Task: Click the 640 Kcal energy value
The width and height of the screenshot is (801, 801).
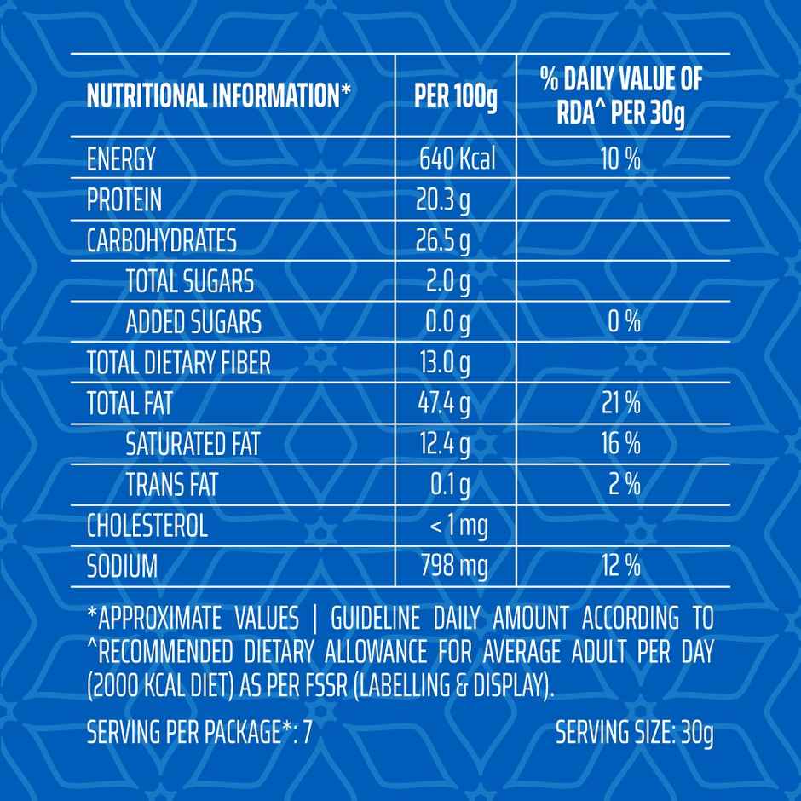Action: (x=457, y=159)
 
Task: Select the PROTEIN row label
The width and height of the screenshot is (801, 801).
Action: (x=124, y=200)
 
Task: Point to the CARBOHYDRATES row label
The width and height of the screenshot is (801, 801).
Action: (x=161, y=241)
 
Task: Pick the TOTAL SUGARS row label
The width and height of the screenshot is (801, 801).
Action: (x=189, y=281)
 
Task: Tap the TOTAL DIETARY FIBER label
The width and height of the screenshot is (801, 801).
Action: (x=178, y=364)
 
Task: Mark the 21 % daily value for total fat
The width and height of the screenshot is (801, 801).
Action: (x=620, y=404)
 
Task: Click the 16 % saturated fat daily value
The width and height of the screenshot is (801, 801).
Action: (x=620, y=444)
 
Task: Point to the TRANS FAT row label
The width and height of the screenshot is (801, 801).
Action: (x=171, y=485)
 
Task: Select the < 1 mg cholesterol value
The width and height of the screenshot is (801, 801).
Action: (x=458, y=526)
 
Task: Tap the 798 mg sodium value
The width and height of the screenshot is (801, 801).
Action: (x=453, y=566)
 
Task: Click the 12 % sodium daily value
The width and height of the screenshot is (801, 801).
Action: (x=620, y=566)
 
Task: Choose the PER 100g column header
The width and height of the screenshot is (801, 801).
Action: (x=455, y=97)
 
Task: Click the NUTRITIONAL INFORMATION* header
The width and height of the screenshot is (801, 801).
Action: (x=219, y=97)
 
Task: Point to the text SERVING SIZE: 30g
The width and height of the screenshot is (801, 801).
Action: (x=634, y=733)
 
